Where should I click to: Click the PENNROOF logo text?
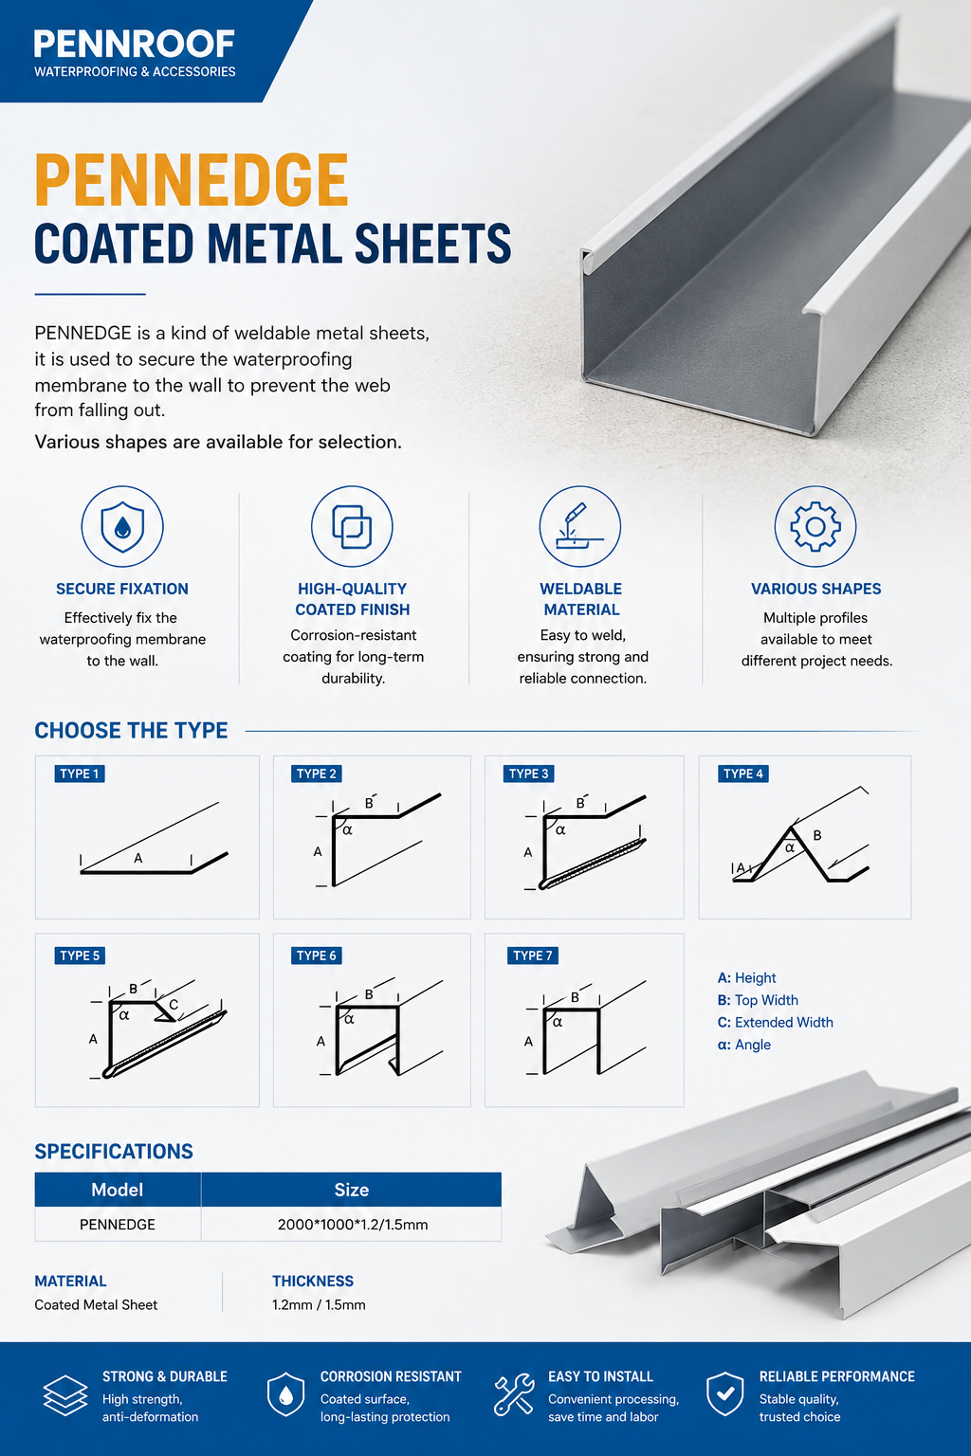pos(134,45)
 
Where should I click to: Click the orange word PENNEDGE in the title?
pos(192,180)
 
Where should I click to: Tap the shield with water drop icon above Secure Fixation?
pos(122,526)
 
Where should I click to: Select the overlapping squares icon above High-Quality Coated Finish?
pos(352,526)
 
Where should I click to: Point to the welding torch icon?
pos(580,526)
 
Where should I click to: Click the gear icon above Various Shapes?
pos(815,526)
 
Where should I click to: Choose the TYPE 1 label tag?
pos(80,773)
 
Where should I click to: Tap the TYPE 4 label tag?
pos(743,773)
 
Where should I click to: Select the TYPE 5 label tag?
pos(80,955)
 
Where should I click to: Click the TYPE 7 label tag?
pos(533,955)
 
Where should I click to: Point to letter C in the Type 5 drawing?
pos(174,1005)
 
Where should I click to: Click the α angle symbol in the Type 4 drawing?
pos(790,847)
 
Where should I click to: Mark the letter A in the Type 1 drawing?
pos(137,859)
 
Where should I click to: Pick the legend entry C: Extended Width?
pos(776,1023)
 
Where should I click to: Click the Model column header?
pos(117,1190)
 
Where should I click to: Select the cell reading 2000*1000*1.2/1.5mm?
pos(352,1225)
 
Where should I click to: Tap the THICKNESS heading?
pos(313,1282)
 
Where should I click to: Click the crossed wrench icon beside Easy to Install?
pos(513,1394)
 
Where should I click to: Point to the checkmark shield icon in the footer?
pos(725,1394)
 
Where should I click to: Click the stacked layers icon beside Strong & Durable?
pos(65,1395)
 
